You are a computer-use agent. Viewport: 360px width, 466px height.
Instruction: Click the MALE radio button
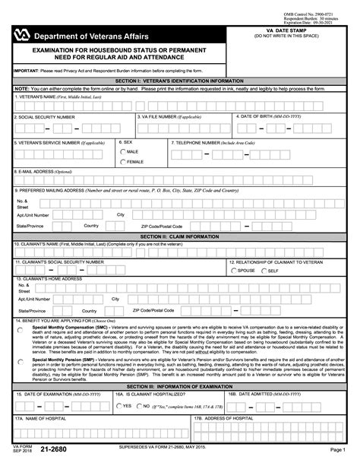point(123,152)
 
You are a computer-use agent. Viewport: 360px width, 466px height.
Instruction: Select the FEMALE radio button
point(123,162)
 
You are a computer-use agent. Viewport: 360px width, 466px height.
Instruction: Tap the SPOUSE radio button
point(234,270)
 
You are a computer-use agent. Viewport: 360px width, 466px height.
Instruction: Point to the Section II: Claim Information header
point(180,236)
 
